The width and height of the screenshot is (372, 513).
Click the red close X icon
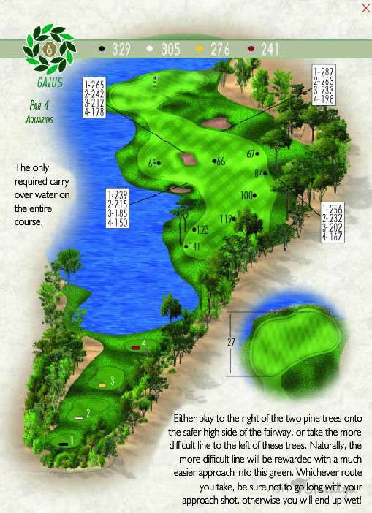pos(365,8)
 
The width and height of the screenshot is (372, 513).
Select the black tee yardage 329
pos(119,50)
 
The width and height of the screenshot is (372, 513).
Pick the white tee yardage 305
pos(167,50)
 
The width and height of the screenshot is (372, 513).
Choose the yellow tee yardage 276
pos(219,50)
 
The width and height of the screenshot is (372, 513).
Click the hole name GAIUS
pos(48,83)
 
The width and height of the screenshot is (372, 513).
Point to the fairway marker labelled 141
pos(193,246)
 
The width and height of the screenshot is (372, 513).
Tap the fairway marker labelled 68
pos(153,162)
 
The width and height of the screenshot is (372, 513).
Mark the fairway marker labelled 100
pos(247,195)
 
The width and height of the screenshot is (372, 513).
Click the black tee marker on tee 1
pos(64,442)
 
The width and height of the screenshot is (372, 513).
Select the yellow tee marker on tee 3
pos(102,384)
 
